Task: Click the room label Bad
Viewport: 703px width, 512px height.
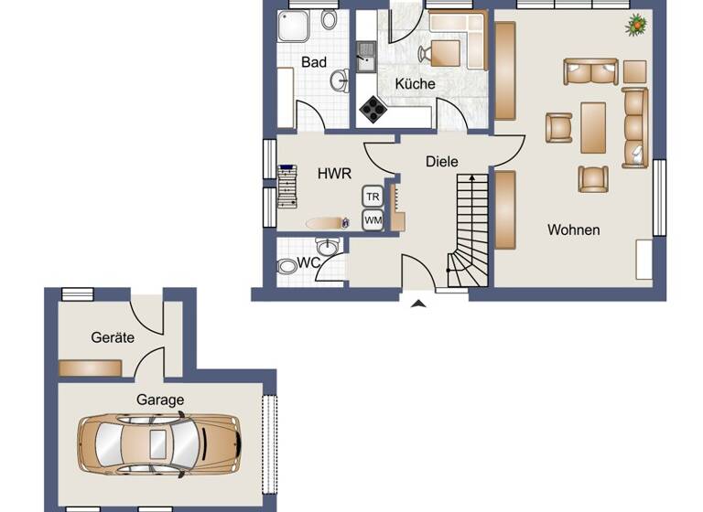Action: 314,62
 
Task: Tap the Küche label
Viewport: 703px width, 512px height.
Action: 415,83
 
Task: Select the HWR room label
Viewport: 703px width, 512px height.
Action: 330,172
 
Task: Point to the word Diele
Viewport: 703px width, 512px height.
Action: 441,161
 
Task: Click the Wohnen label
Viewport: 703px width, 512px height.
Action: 574,229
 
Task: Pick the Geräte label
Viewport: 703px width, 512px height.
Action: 113,337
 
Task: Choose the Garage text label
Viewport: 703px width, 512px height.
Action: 160,400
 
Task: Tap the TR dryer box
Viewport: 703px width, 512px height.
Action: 373,197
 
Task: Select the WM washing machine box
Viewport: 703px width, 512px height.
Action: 373,219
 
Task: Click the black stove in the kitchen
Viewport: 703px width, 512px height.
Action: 373,110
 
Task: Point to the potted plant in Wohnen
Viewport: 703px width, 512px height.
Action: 635,26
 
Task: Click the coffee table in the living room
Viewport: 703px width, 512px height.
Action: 593,127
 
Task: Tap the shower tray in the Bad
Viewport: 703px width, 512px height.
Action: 295,28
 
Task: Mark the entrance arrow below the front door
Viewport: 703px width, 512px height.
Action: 418,303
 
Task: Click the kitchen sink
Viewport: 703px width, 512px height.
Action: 366,57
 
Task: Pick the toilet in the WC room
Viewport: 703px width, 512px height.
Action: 288,266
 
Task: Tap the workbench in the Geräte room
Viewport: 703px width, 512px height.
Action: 91,368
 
